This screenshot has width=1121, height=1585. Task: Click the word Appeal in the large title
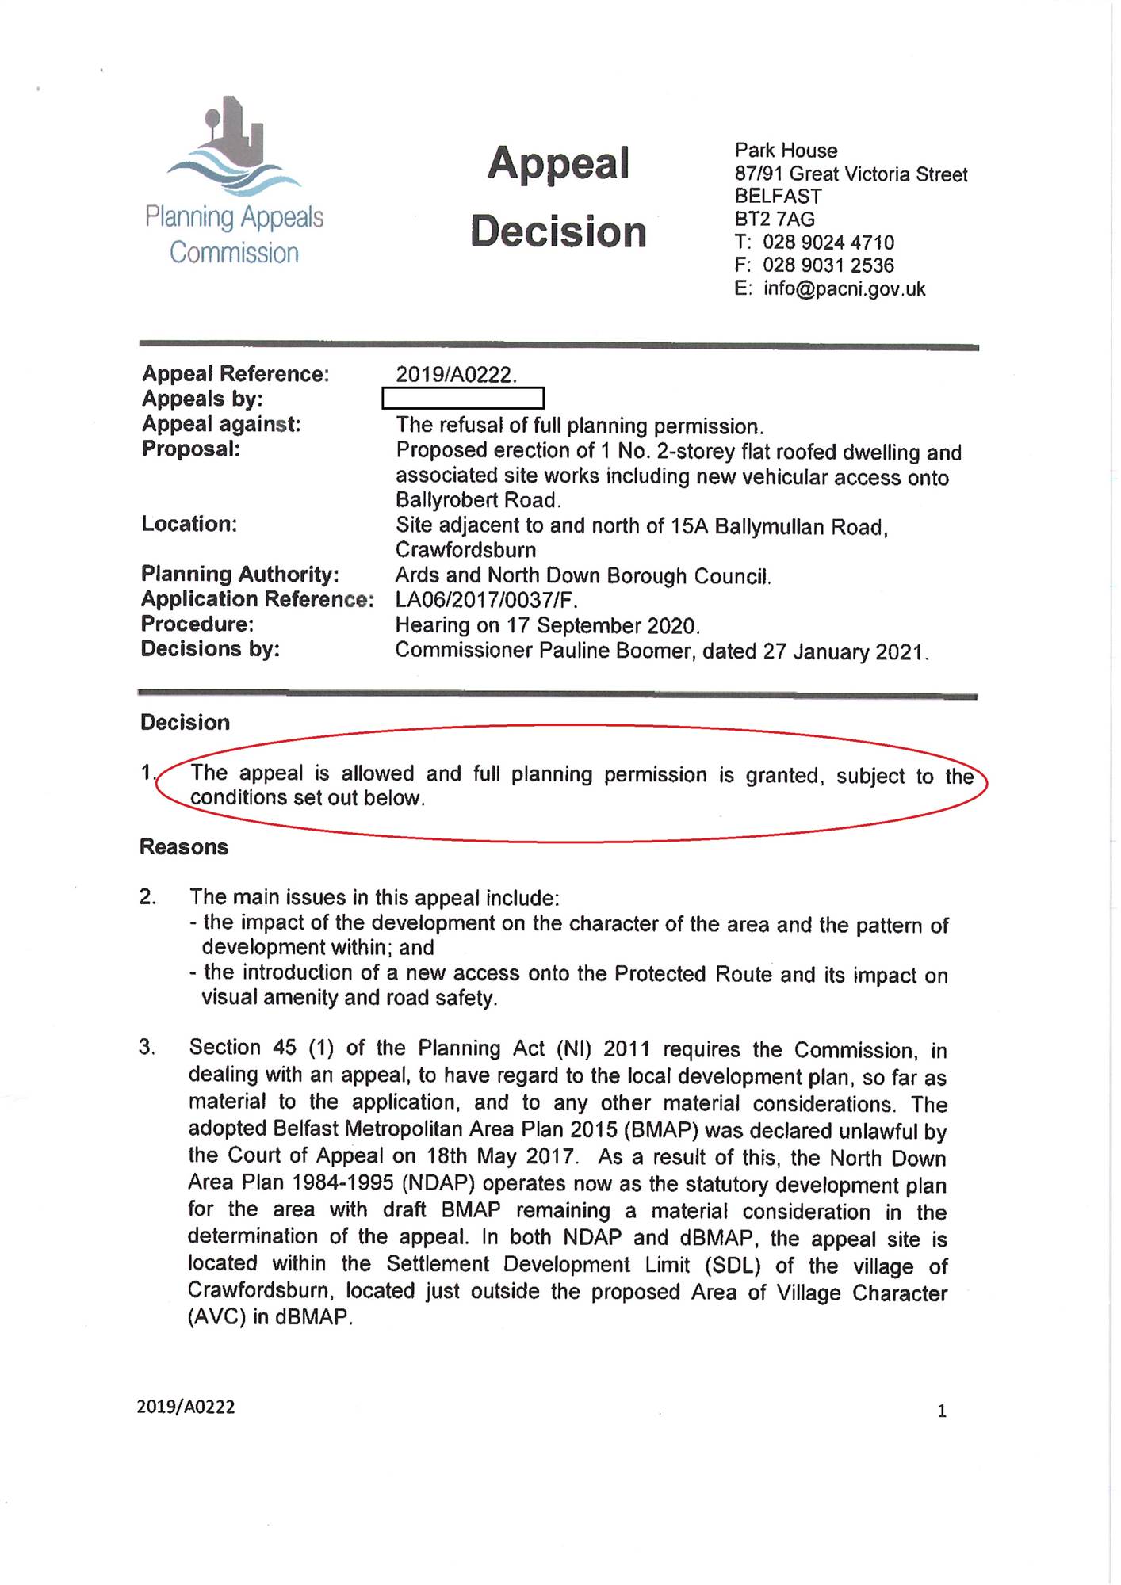[558, 164]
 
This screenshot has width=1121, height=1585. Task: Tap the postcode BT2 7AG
[775, 220]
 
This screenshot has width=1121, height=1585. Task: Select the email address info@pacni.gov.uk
[844, 289]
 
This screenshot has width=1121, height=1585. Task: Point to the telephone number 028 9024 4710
[828, 243]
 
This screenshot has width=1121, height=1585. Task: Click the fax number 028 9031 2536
[828, 265]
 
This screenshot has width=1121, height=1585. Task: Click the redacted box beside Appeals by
[463, 398]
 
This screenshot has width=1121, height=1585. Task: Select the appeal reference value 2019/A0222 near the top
[455, 375]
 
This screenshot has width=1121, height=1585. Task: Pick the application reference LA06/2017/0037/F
[486, 601]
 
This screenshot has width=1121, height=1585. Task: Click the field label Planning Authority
[240, 574]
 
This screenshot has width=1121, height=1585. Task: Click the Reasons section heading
[184, 847]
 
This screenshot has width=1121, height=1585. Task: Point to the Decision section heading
[186, 723]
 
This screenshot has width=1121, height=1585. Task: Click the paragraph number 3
[147, 1048]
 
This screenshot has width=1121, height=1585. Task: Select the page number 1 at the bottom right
[942, 1411]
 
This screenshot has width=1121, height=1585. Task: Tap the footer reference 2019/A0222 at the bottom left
[186, 1407]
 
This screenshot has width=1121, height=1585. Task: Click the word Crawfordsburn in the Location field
[465, 550]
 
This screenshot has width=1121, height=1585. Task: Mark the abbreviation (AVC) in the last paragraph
[217, 1318]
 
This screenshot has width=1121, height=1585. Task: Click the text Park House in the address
[786, 151]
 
